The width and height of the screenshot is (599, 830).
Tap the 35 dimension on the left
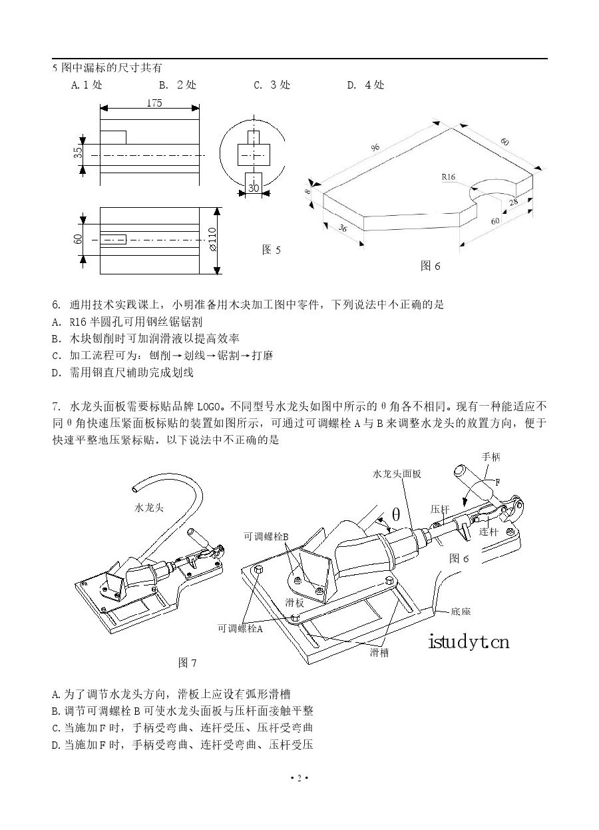77,153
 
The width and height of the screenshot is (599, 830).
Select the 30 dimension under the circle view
254,189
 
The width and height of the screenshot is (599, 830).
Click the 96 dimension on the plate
376,146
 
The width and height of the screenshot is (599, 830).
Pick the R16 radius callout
448,178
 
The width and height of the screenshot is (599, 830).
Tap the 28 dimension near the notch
513,202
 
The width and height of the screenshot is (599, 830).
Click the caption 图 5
272,250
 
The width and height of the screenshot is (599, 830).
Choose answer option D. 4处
365,85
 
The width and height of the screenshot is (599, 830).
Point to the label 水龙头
149,508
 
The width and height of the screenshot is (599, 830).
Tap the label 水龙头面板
397,474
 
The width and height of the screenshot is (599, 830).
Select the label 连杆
488,533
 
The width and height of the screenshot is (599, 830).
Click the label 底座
461,610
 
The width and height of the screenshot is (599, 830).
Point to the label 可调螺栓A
240,628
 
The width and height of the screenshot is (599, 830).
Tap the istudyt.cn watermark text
469,642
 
